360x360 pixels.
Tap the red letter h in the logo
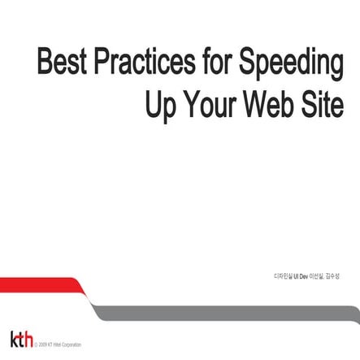(x=28, y=339)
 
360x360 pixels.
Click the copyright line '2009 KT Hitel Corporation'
(x=59, y=345)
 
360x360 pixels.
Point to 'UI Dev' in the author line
(x=301, y=275)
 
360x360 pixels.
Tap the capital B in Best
(x=45, y=62)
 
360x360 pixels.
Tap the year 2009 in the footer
(x=42, y=345)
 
